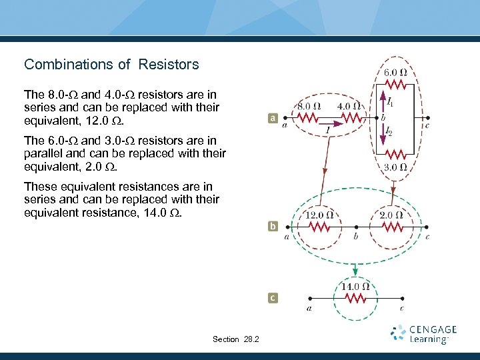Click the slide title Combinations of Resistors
pos(111,65)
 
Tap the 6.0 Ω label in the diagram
pos(395,73)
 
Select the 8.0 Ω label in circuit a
pos(308,106)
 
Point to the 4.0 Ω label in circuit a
pos(349,106)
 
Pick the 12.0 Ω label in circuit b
pos(319,215)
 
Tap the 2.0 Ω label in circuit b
pos(390,215)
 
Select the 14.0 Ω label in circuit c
pos(355,287)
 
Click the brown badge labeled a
pos(273,119)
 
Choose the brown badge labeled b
pos(273,227)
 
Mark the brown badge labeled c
pos(273,298)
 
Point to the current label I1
pos(390,103)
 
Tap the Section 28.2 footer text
pos(236,339)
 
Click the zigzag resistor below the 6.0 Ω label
pos(395,85)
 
